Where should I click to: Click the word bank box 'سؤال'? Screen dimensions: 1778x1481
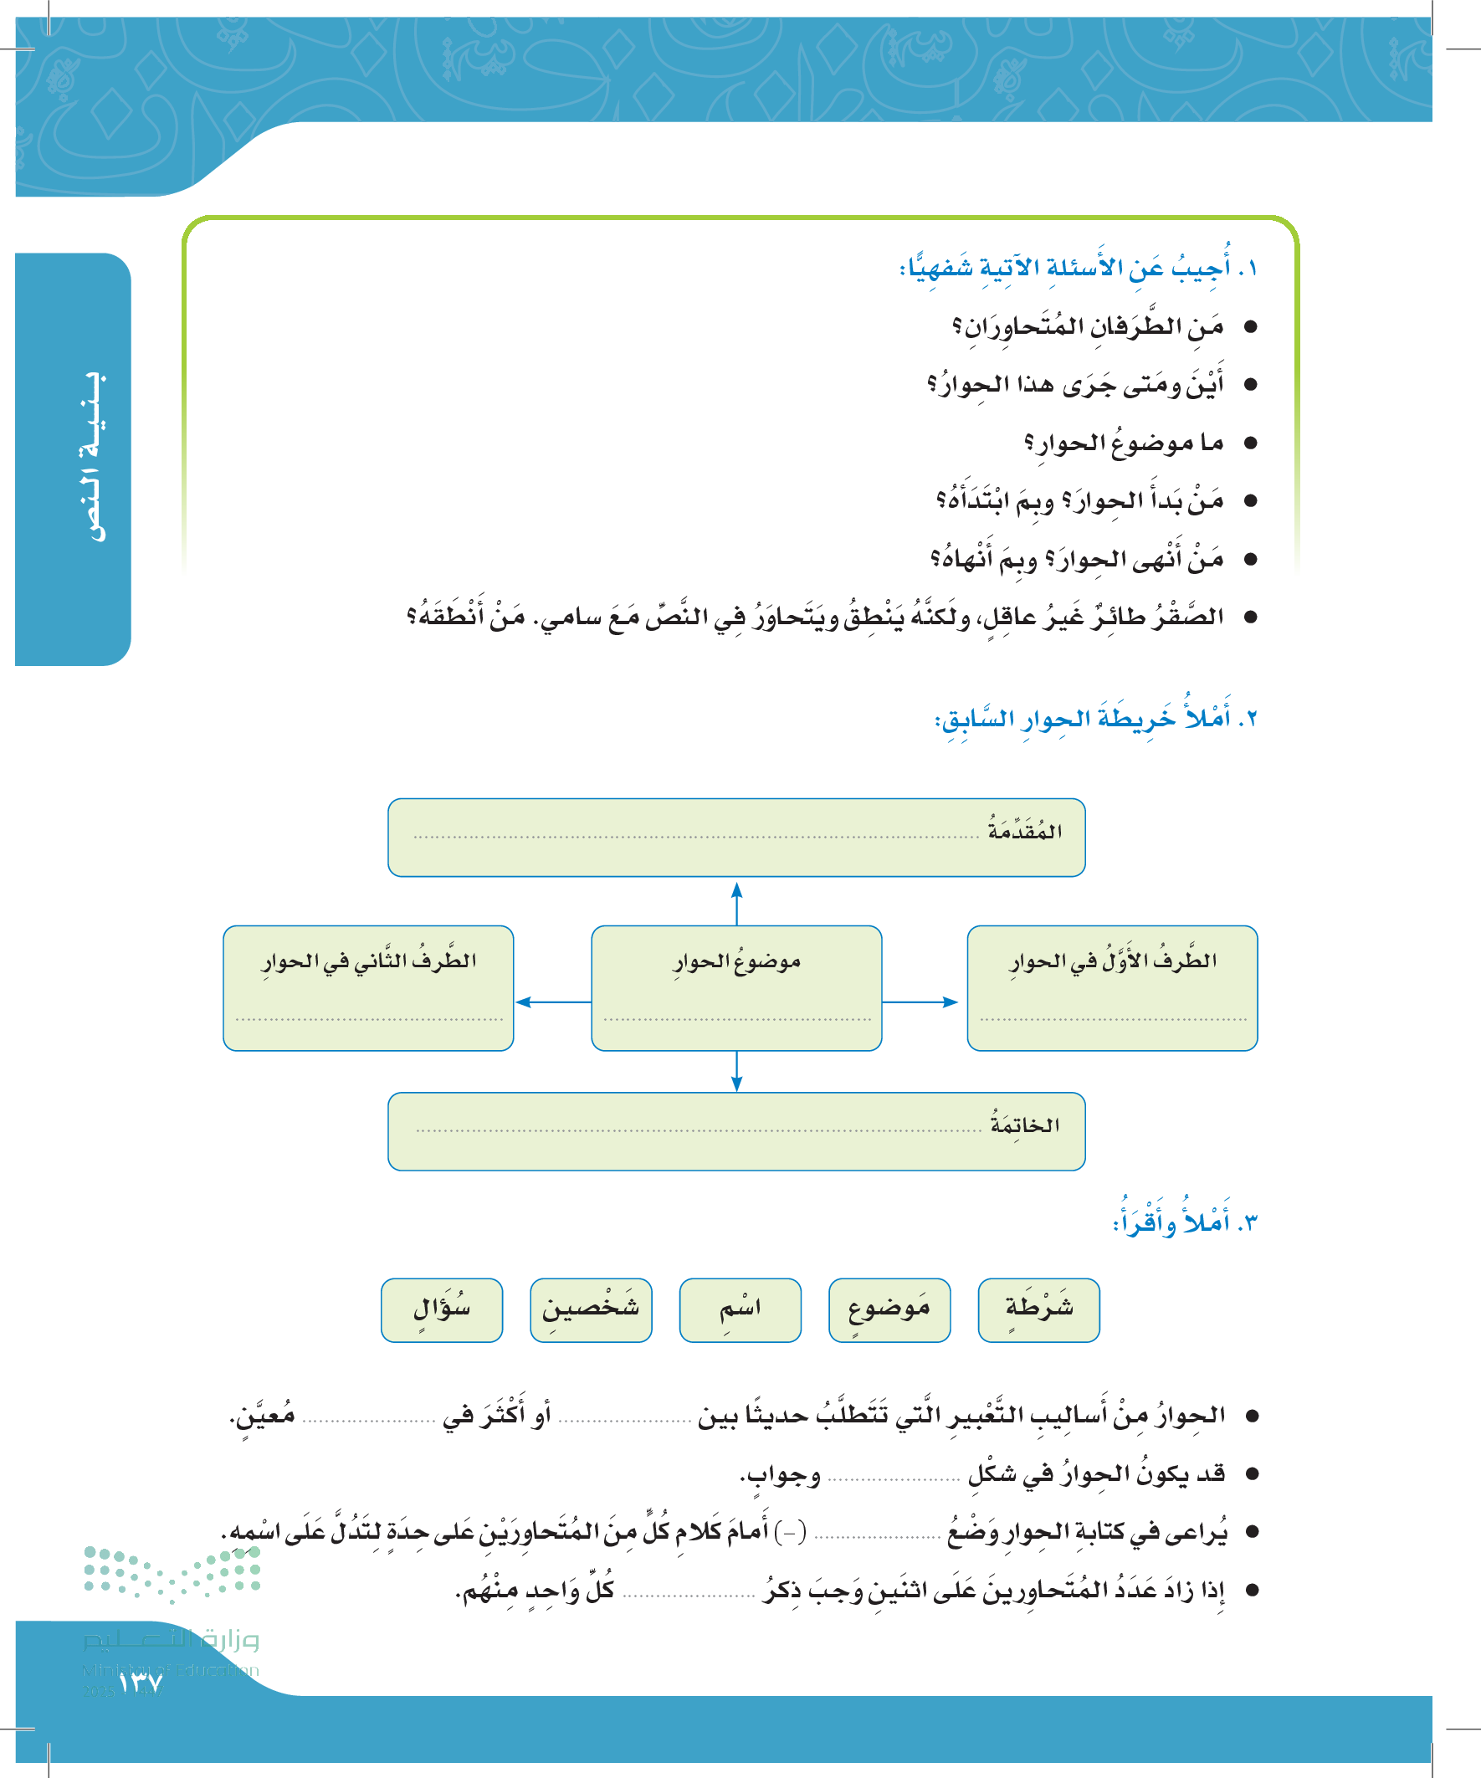coord(441,1309)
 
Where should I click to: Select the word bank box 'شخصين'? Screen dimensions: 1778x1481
coord(591,1309)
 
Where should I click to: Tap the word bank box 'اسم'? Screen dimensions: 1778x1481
coord(740,1309)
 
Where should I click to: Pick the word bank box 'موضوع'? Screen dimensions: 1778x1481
coord(889,1309)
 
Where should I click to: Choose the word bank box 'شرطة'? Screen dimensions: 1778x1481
coord(1039,1309)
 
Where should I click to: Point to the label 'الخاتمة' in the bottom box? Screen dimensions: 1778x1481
coord(1025,1125)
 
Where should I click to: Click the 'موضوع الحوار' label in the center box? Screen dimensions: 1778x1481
coord(736,962)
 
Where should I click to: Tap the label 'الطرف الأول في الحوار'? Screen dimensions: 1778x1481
coord(1113,961)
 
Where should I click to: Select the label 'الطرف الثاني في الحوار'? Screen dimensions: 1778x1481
coord(368,961)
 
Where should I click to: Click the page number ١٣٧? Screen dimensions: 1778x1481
coord(141,1683)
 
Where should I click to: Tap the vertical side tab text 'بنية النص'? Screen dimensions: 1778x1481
coord(92,457)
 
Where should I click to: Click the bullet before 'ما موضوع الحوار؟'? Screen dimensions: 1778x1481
coord(1250,443)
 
